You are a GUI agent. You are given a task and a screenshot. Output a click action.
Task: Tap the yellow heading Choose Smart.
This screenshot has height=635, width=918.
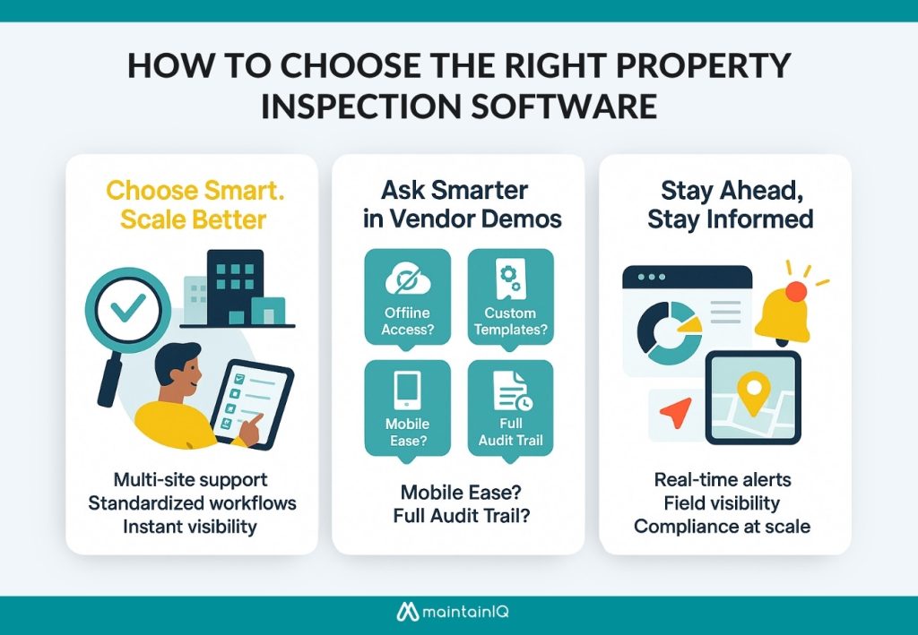[167, 190]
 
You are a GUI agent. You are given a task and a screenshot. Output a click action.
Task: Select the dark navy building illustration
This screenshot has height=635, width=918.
[234, 287]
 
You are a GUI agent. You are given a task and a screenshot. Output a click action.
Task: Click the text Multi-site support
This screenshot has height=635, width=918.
[191, 479]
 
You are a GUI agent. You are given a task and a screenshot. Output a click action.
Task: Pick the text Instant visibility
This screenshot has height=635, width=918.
[191, 526]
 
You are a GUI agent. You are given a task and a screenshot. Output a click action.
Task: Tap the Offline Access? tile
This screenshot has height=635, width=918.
[407, 296]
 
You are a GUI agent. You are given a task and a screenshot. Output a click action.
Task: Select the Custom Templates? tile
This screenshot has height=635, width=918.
[510, 296]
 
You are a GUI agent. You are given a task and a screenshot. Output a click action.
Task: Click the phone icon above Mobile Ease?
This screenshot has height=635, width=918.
[407, 391]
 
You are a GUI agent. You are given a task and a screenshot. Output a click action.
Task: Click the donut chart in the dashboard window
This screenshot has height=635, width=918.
[666, 330]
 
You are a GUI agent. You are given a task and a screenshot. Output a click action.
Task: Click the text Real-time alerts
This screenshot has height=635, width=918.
[722, 479]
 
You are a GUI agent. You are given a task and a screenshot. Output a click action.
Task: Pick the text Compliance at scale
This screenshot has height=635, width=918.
[722, 526]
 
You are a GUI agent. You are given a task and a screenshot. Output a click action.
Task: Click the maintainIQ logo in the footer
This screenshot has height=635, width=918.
[458, 614]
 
